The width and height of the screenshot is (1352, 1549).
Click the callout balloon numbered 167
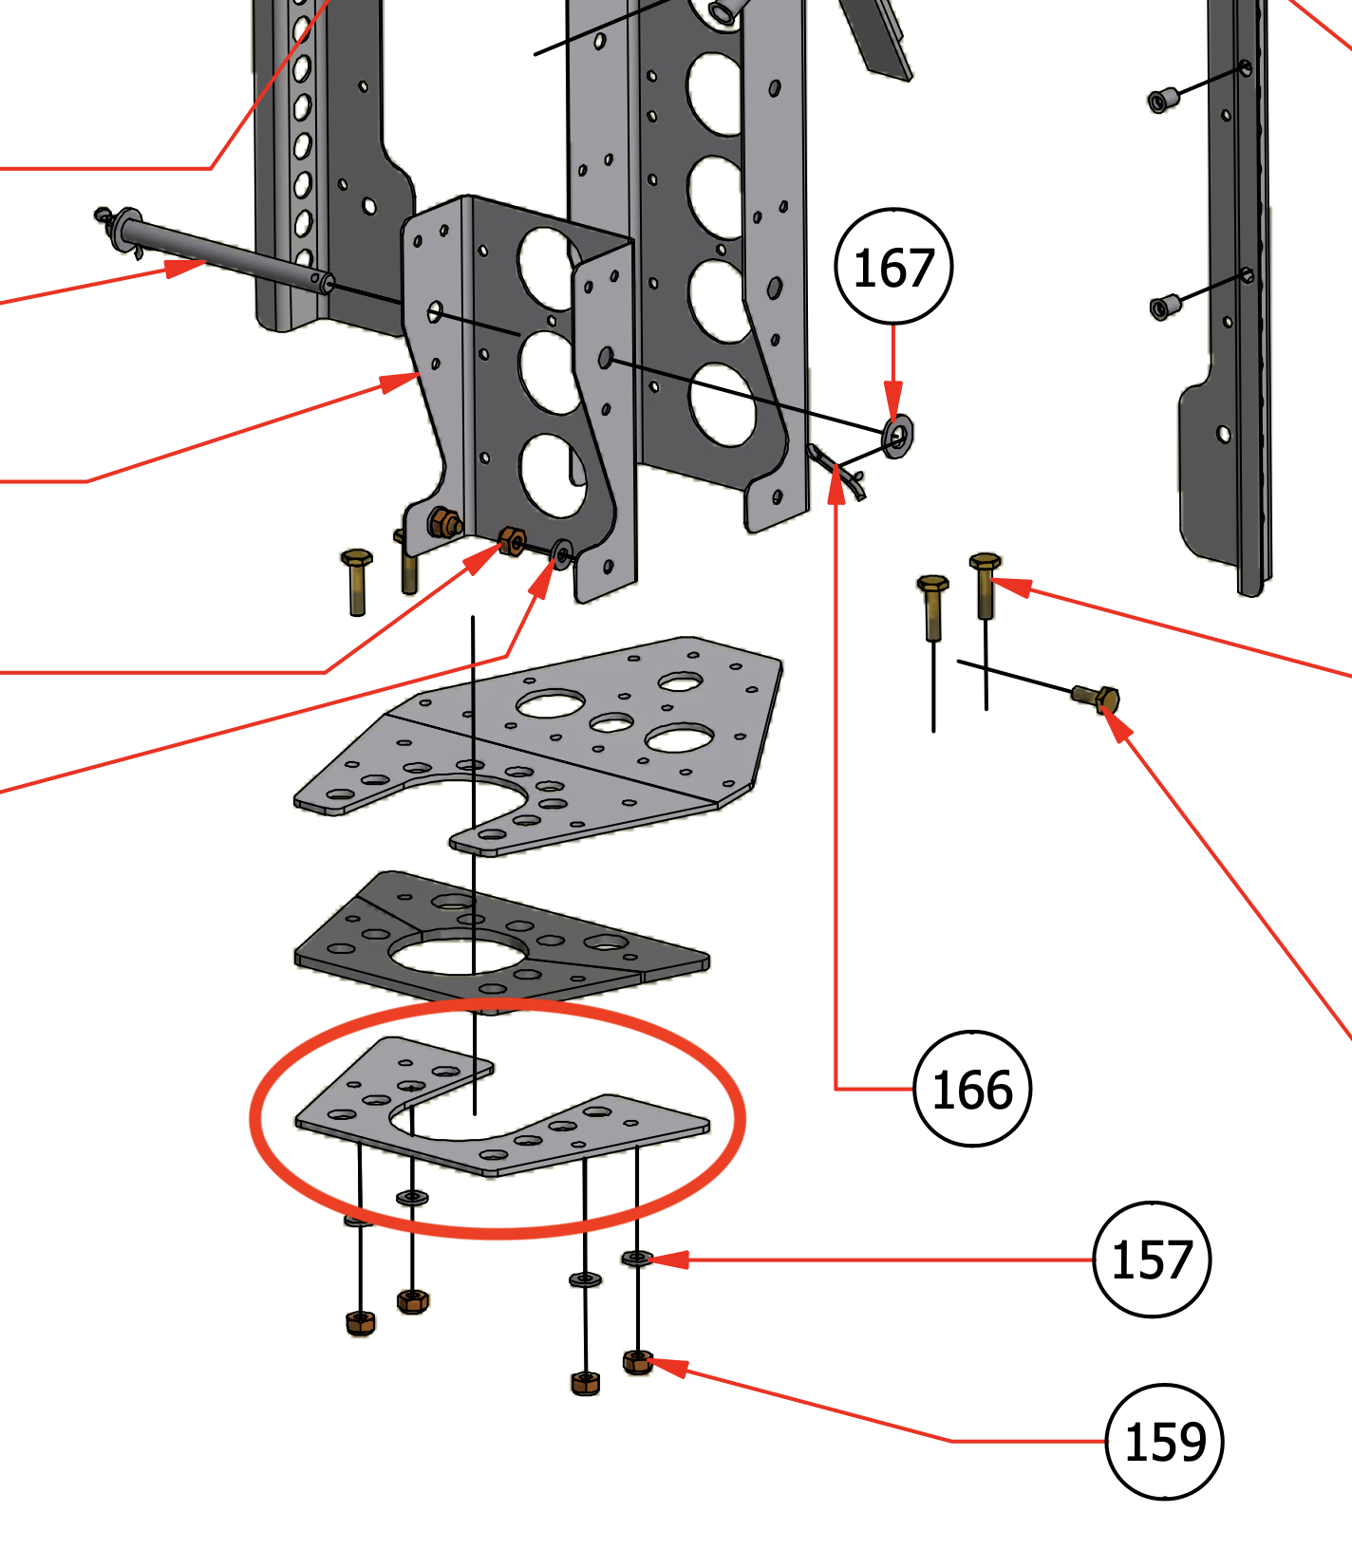tap(892, 267)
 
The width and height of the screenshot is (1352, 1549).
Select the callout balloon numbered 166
tap(971, 1089)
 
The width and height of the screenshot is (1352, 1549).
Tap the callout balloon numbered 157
tap(1152, 1260)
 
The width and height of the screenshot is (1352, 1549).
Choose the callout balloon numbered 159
tap(1165, 1442)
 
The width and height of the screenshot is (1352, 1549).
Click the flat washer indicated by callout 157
tap(637, 1259)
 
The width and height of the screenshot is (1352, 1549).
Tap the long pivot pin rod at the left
tap(223, 254)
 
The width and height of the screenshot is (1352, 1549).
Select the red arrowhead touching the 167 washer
tap(892, 400)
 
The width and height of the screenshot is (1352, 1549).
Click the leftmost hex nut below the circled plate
tap(360, 1322)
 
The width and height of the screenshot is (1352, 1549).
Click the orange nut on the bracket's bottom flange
tap(512, 541)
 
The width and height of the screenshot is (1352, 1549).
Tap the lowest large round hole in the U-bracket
tap(554, 475)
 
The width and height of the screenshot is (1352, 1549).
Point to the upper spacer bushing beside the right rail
tap(1163, 99)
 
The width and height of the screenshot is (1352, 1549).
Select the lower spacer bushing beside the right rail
tap(1163, 308)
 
